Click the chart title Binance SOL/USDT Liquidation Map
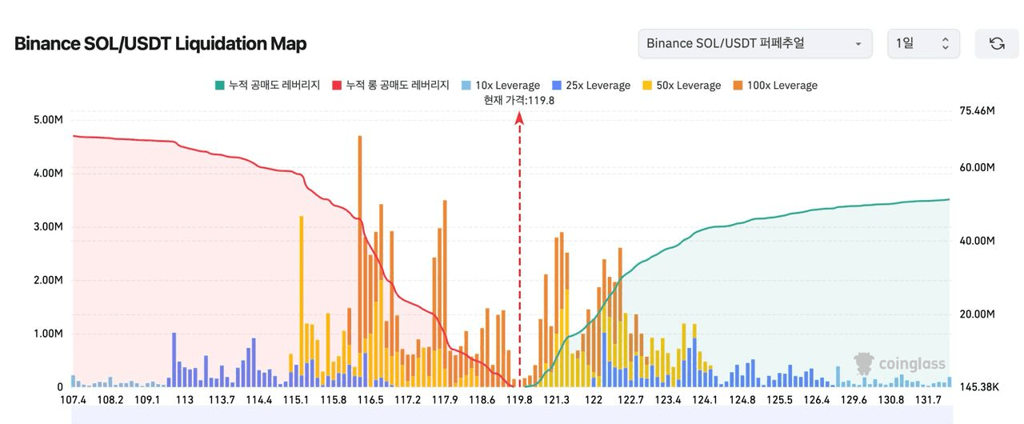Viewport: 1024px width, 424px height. pyautogui.click(x=160, y=43)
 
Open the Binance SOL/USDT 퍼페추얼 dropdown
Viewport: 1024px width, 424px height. pyautogui.click(x=754, y=43)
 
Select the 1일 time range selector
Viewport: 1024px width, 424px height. pyautogui.click(x=923, y=43)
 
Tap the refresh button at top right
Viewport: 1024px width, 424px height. pyautogui.click(x=997, y=43)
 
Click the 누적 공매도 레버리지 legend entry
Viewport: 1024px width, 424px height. pyautogui.click(x=267, y=86)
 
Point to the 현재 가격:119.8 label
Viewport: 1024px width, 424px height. pyautogui.click(x=519, y=100)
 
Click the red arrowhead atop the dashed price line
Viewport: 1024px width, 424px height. pyautogui.click(x=519, y=118)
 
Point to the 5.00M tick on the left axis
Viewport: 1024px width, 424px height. pyautogui.click(x=46, y=120)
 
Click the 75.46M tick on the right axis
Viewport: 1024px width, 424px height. pyautogui.click(x=977, y=110)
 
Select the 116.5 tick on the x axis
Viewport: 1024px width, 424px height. pyautogui.click(x=370, y=400)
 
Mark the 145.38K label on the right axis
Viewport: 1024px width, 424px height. pyautogui.click(x=978, y=386)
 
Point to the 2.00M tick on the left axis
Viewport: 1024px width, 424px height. pyautogui.click(x=46, y=280)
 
